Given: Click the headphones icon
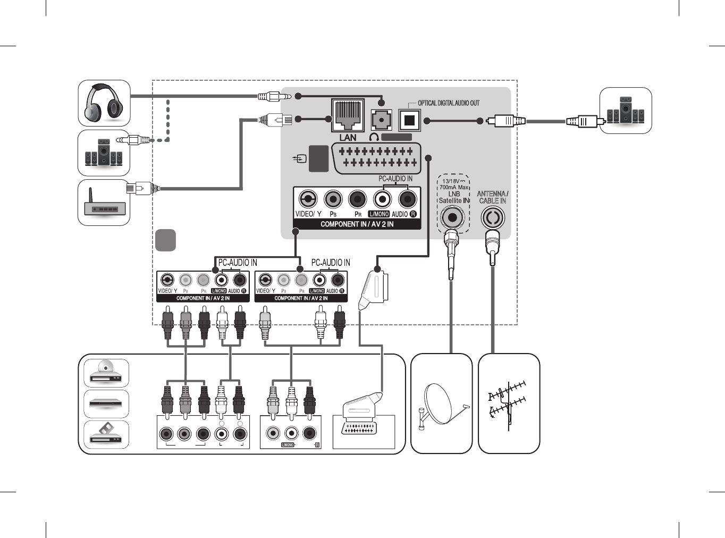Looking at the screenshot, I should [x=104, y=103].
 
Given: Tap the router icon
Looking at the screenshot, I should [x=104, y=204].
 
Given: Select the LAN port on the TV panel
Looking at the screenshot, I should [x=348, y=115].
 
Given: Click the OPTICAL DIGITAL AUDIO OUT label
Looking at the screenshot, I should [x=448, y=103].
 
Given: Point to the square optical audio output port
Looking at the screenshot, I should [x=409, y=120].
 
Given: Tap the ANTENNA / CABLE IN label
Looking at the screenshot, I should [x=492, y=197].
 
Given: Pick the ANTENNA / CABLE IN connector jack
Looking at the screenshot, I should [x=493, y=217].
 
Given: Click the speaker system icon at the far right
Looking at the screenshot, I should [x=626, y=111].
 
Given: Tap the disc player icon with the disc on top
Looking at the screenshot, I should [x=106, y=373].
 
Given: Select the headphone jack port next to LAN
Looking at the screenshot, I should [x=381, y=120].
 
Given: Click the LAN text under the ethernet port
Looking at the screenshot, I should [x=348, y=138].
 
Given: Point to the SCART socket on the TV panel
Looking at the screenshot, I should [x=376, y=158].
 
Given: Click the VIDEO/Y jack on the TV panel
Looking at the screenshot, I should [x=308, y=199].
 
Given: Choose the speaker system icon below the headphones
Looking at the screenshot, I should [x=104, y=153].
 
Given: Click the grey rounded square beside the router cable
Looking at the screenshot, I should [x=165, y=240].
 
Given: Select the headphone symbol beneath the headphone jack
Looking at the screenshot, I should [x=374, y=137].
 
